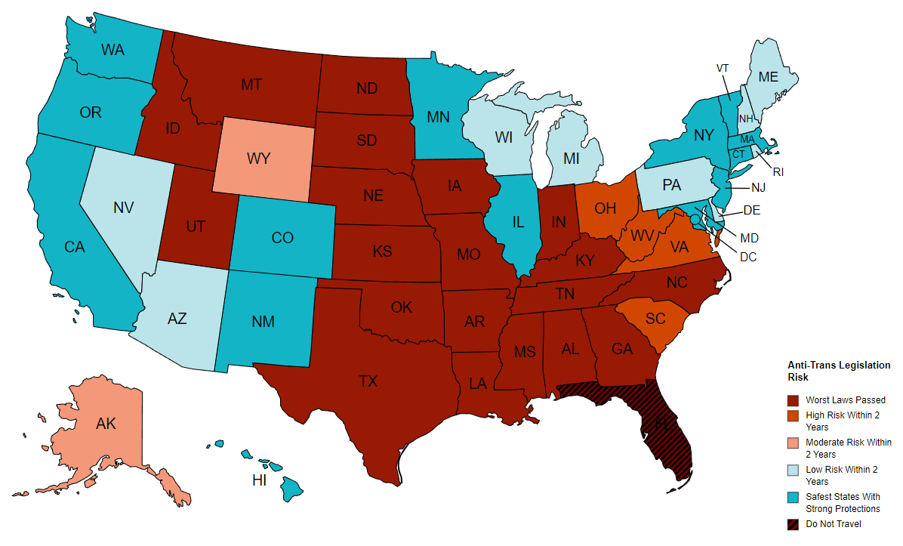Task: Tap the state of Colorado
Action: coord(281,239)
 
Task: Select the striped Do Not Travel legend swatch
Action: coord(794,524)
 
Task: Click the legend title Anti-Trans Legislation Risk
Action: coord(838,371)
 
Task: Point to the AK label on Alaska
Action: coord(106,424)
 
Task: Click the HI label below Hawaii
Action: coord(259,480)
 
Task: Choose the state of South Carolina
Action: coord(655,320)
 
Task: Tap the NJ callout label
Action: coord(759,187)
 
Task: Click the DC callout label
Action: coord(747,257)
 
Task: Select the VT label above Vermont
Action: coord(723,68)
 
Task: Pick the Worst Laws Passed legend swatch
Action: coord(794,400)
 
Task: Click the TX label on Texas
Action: coord(368,381)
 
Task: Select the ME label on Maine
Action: coord(768,76)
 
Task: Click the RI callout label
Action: coord(778,171)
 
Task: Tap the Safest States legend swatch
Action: coord(794,497)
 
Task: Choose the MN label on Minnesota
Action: coord(439,117)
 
